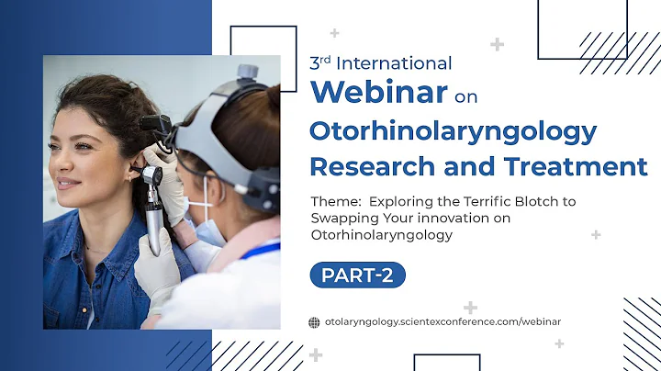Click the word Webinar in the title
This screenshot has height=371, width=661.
pyautogui.click(x=378, y=93)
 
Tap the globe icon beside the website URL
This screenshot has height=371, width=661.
pyautogui.click(x=314, y=321)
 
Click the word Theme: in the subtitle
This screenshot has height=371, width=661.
pyautogui.click(x=335, y=201)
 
